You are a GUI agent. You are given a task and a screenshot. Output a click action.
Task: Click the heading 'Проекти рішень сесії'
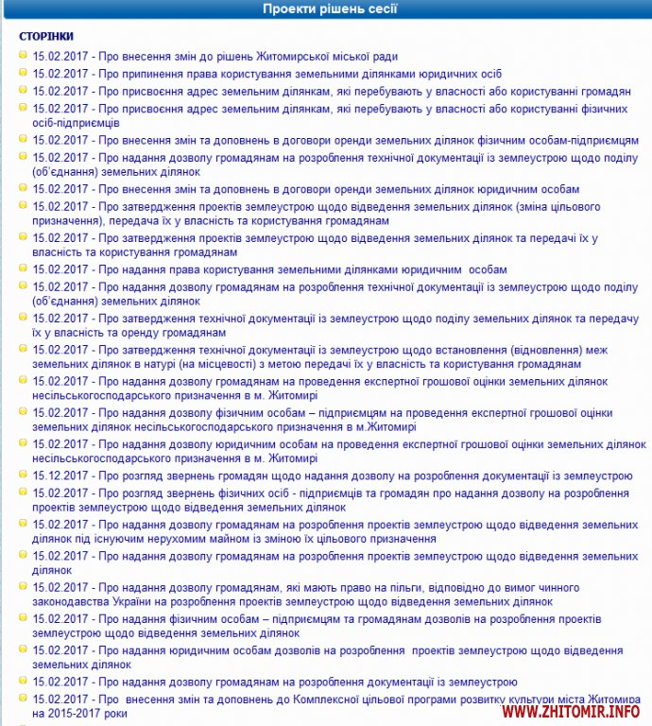point(330,9)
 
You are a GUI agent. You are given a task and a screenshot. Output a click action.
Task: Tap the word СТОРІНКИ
point(46,36)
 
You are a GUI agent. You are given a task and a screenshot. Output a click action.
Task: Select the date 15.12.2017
point(61,475)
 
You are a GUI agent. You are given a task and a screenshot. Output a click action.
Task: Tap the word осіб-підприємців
point(76,123)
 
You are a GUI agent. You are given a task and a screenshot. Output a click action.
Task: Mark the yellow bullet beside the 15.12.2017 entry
point(22,475)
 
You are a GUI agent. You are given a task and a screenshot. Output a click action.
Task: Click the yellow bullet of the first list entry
point(22,56)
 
